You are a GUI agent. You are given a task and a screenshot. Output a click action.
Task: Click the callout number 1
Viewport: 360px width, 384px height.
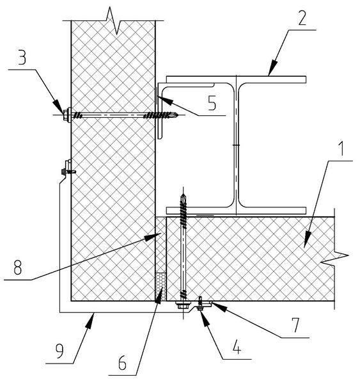point(341,149)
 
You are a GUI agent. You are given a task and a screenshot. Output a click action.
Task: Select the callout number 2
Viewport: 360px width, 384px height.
point(302,18)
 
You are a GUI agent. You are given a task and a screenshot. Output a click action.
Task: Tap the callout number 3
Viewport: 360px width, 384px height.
point(22,58)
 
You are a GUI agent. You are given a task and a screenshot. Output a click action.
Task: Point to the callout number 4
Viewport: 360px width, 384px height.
point(237,347)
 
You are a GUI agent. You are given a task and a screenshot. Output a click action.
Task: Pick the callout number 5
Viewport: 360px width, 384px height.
point(212,103)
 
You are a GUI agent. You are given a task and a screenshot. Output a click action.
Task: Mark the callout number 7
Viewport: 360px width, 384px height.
point(295,325)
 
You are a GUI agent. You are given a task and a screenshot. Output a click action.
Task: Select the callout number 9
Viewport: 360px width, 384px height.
point(59,351)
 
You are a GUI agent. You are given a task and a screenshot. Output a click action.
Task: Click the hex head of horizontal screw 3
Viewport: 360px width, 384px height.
point(66,115)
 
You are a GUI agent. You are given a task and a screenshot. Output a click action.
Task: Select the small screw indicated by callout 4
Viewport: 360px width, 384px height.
point(200,303)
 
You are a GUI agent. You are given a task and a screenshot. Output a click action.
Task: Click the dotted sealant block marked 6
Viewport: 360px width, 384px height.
point(160,287)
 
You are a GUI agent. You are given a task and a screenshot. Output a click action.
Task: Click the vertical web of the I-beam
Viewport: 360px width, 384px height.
point(236,146)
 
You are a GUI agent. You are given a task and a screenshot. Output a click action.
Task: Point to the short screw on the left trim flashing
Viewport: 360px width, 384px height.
point(68,171)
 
